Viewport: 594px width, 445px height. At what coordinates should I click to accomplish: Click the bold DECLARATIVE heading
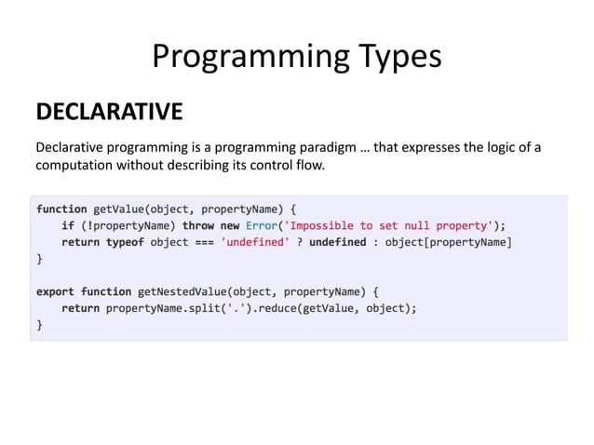click(x=109, y=113)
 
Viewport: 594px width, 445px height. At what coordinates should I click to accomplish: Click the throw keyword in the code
click(x=197, y=225)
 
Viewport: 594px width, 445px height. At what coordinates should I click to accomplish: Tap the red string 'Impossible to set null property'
click(x=390, y=225)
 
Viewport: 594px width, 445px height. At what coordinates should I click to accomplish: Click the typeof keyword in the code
click(x=132, y=242)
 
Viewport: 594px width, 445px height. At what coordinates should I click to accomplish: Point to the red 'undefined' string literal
click(x=254, y=242)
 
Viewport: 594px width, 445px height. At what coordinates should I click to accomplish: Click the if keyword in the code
click(x=68, y=225)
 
